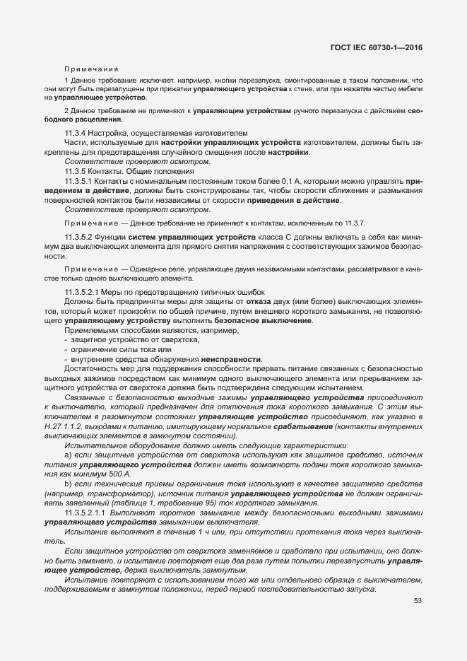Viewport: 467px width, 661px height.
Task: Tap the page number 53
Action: [x=418, y=601]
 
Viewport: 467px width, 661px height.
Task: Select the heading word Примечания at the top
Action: [x=91, y=69]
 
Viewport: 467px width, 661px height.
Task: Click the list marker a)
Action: [x=68, y=457]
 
